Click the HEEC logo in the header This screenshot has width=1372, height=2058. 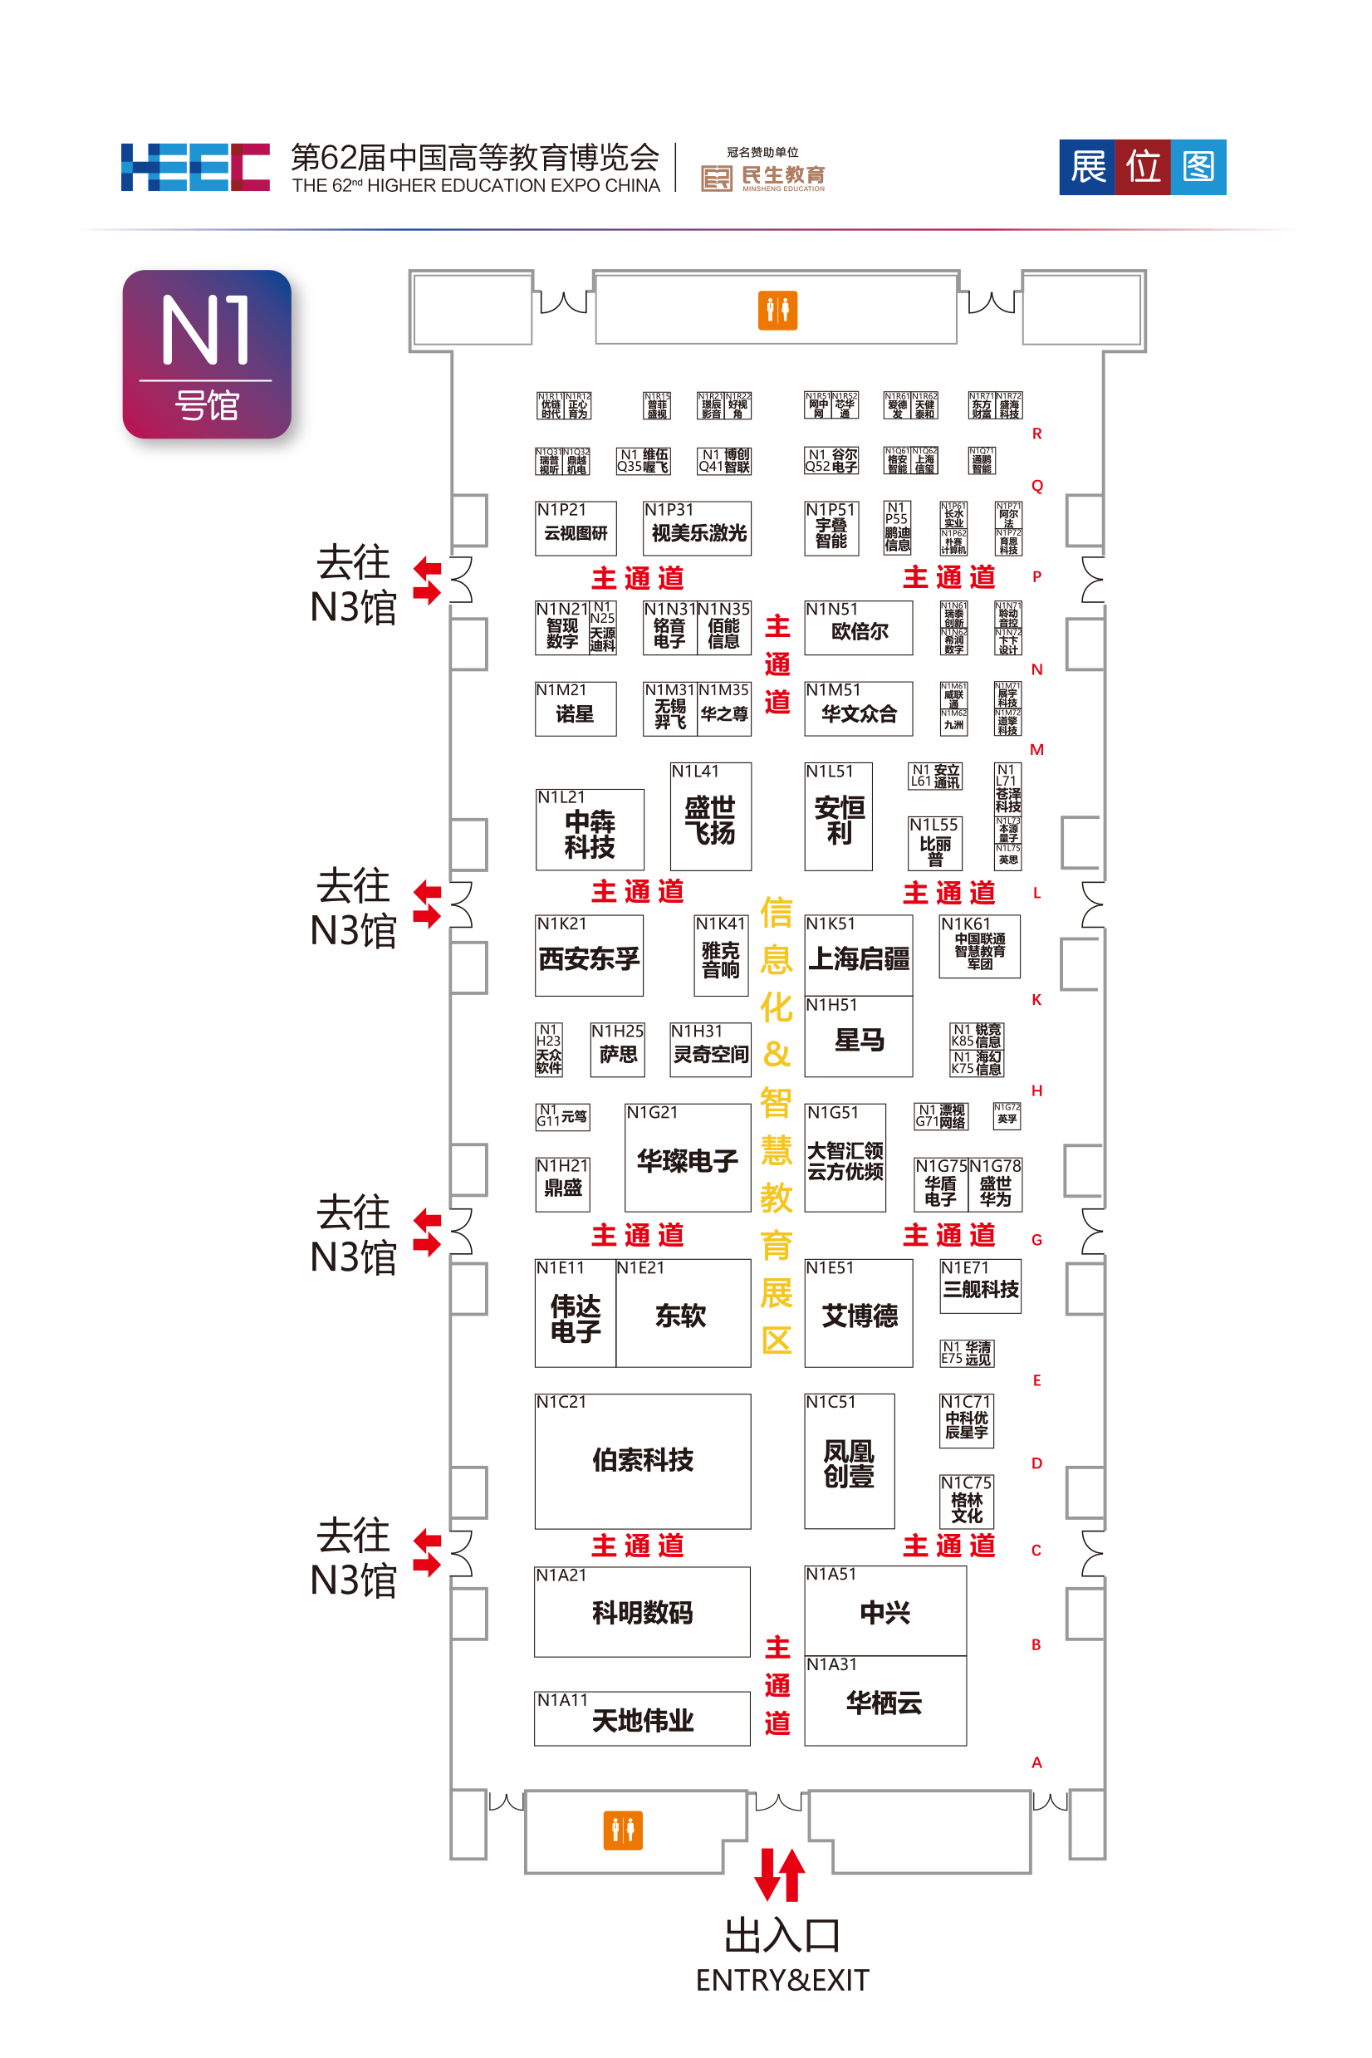pos(194,166)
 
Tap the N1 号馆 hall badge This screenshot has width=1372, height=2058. pos(207,354)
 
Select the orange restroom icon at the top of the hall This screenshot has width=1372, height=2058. pos(777,310)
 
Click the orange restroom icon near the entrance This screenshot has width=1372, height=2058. pos(622,1830)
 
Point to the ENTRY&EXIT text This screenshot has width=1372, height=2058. pos(782,1979)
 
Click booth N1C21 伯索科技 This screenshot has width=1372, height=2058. pos(642,1459)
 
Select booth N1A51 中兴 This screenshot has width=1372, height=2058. pos(884,1611)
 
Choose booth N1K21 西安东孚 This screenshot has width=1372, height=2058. pos(589,957)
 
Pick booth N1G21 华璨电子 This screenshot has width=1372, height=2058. pos(687,1159)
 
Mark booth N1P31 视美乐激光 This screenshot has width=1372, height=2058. pos(697,529)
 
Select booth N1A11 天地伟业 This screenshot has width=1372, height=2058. pos(641,1719)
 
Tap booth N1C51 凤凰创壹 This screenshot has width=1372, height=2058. pos(849,1463)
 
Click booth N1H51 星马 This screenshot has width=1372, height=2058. pos(859,1039)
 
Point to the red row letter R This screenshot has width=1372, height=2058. pos(1036,434)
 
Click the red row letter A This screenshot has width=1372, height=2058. pos(1036,1762)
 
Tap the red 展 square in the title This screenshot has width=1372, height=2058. pos(1088,166)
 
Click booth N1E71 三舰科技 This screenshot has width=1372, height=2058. pos(980,1287)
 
